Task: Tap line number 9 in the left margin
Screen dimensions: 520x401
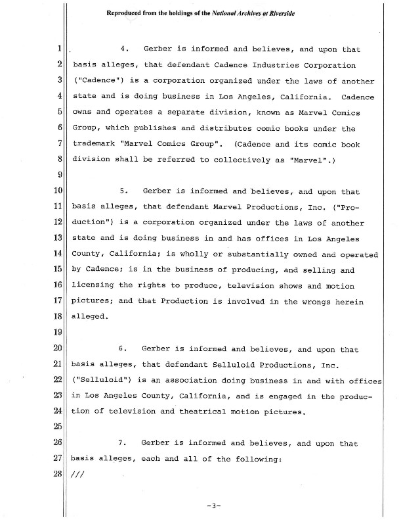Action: pyautogui.click(x=59, y=174)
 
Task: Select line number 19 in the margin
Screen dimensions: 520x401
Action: pyautogui.click(x=58, y=331)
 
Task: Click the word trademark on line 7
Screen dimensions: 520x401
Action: pyautogui.click(x=94, y=143)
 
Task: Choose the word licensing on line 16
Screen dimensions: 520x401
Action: pyautogui.click(x=93, y=285)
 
